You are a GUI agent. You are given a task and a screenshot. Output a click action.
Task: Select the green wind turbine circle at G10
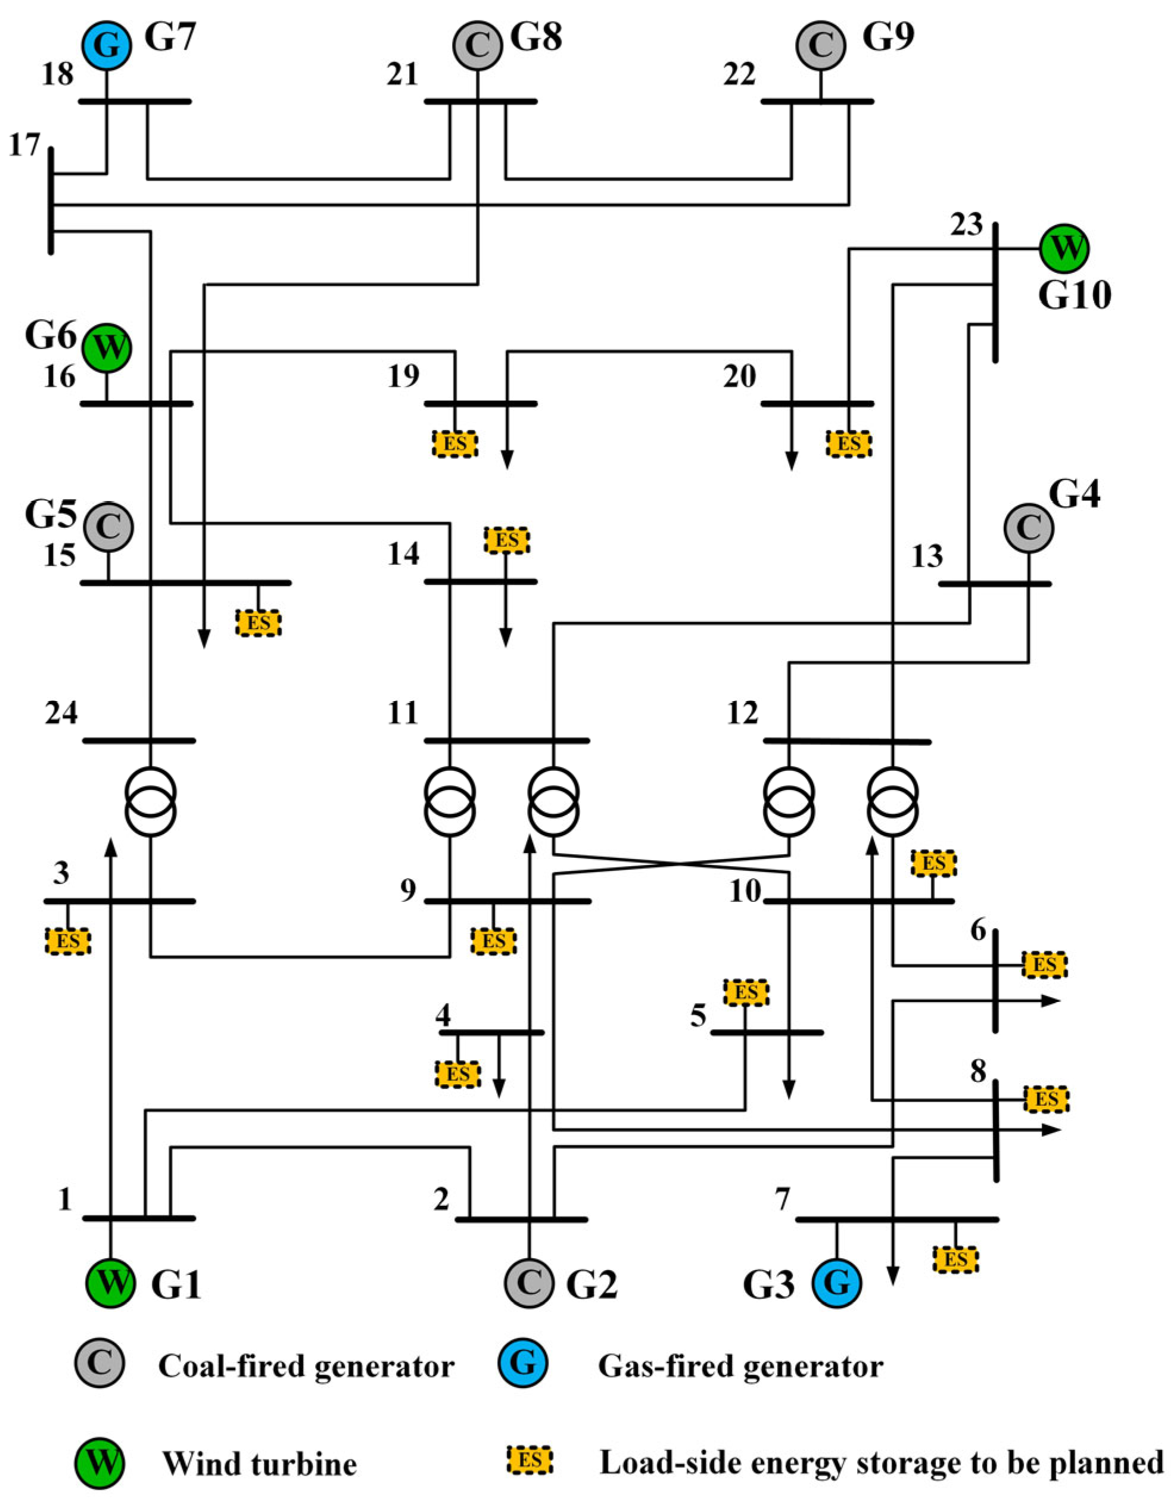tap(1064, 248)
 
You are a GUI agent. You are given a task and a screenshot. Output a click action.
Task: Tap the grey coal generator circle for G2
tap(528, 1282)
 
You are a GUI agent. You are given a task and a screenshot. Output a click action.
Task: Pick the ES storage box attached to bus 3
tap(67, 940)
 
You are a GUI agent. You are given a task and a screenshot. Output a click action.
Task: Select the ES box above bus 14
tap(507, 540)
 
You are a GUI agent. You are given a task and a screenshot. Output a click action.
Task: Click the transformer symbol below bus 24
tap(150, 801)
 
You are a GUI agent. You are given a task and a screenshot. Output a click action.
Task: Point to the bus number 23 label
tap(966, 225)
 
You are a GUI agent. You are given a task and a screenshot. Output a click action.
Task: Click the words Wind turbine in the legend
tap(259, 1463)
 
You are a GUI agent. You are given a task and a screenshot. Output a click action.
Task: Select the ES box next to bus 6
tap(1044, 965)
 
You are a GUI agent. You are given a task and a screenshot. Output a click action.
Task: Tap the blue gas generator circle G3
tap(837, 1283)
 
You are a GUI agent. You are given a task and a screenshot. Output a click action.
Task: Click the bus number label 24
tap(61, 714)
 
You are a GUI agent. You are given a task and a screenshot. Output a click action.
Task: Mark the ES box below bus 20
tap(848, 443)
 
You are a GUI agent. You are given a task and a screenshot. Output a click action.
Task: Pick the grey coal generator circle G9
tap(820, 45)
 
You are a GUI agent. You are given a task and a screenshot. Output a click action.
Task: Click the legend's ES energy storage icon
tap(530, 1460)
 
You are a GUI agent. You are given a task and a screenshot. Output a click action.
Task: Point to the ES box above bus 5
tap(746, 992)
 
